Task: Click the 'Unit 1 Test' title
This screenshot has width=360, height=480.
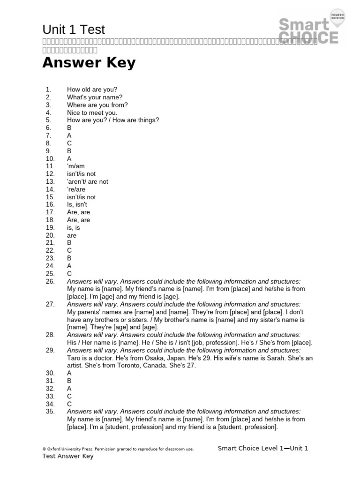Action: [x=74, y=30]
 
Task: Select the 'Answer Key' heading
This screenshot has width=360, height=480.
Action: [x=89, y=63]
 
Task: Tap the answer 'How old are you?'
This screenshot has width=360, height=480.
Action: [x=92, y=90]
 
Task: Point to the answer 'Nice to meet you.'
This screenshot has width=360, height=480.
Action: [x=92, y=112]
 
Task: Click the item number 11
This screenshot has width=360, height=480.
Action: [x=50, y=166]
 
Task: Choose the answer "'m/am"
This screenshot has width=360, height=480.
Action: [x=75, y=166]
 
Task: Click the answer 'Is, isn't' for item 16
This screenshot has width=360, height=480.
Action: [x=77, y=204]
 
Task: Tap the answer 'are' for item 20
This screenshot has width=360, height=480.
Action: [x=72, y=235]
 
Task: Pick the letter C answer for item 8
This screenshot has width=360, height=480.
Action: [x=69, y=143]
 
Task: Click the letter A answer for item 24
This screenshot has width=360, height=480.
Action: [x=69, y=266]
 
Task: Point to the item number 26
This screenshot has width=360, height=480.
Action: [x=50, y=281]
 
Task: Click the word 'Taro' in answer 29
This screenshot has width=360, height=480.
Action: [x=74, y=358]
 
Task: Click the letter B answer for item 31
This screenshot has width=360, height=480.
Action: [x=69, y=381]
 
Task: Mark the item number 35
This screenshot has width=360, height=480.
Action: [x=50, y=412]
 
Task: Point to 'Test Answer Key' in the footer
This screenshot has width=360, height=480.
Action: [x=68, y=456]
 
